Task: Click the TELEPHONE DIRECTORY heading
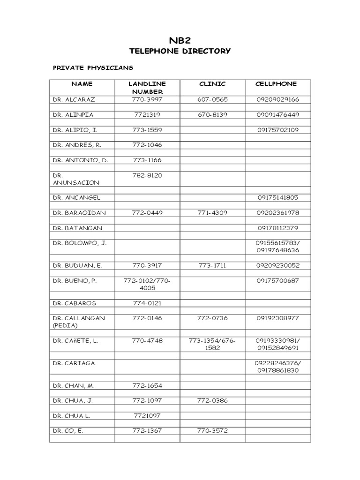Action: click(180, 51)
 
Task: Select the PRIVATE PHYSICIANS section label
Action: click(92, 67)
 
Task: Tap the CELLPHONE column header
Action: click(276, 84)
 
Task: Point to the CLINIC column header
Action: click(212, 84)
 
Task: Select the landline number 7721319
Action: click(147, 114)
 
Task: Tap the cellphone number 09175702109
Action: click(278, 130)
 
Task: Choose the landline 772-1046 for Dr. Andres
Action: click(147, 145)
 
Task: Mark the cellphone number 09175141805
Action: click(278, 197)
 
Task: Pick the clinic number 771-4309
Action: click(212, 212)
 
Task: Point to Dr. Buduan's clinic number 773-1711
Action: click(212, 265)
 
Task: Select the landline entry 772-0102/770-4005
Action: click(147, 284)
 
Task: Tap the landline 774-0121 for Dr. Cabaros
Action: click(147, 303)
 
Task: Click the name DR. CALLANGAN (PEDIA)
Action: click(79, 322)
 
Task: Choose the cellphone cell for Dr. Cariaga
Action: click(278, 367)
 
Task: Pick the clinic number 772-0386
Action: click(212, 400)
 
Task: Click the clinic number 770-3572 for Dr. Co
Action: click(212, 431)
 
